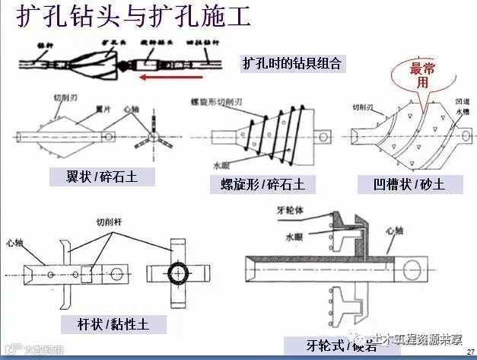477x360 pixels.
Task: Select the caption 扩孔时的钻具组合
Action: [x=292, y=62]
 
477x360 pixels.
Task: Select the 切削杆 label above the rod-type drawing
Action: [x=107, y=222]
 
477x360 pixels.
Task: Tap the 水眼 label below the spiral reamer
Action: [x=221, y=163]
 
